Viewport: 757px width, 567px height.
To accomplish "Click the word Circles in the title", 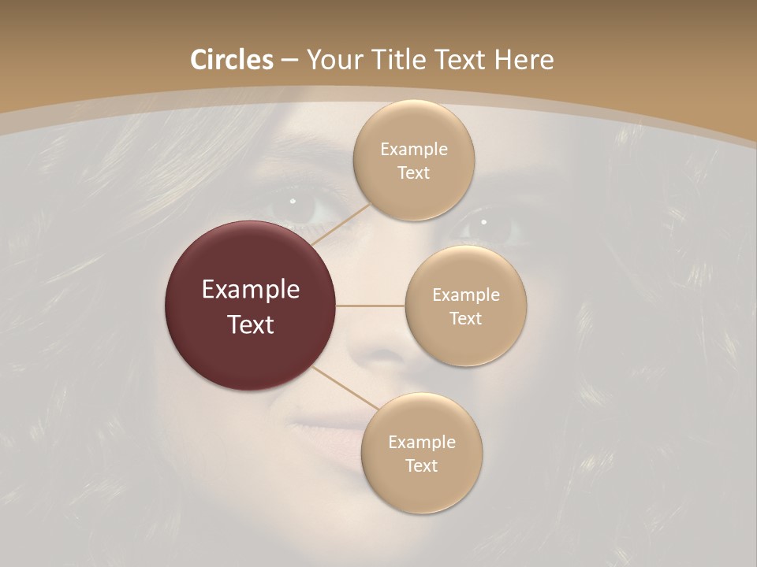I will click(231, 60).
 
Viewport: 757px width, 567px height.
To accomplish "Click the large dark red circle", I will click(250, 306).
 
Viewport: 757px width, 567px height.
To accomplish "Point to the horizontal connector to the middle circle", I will click(371, 306).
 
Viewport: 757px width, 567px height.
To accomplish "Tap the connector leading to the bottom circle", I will click(344, 389).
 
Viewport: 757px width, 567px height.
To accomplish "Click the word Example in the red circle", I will click(250, 290).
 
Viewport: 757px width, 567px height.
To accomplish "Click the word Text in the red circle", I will click(250, 324).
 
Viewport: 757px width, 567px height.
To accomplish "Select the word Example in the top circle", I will click(414, 150).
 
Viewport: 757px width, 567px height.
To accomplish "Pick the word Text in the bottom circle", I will click(421, 465).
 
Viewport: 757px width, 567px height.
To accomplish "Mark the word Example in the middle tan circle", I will click(465, 295).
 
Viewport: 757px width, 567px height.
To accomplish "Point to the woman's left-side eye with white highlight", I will click(296, 206).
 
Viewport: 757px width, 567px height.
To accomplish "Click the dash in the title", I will click(289, 61).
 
